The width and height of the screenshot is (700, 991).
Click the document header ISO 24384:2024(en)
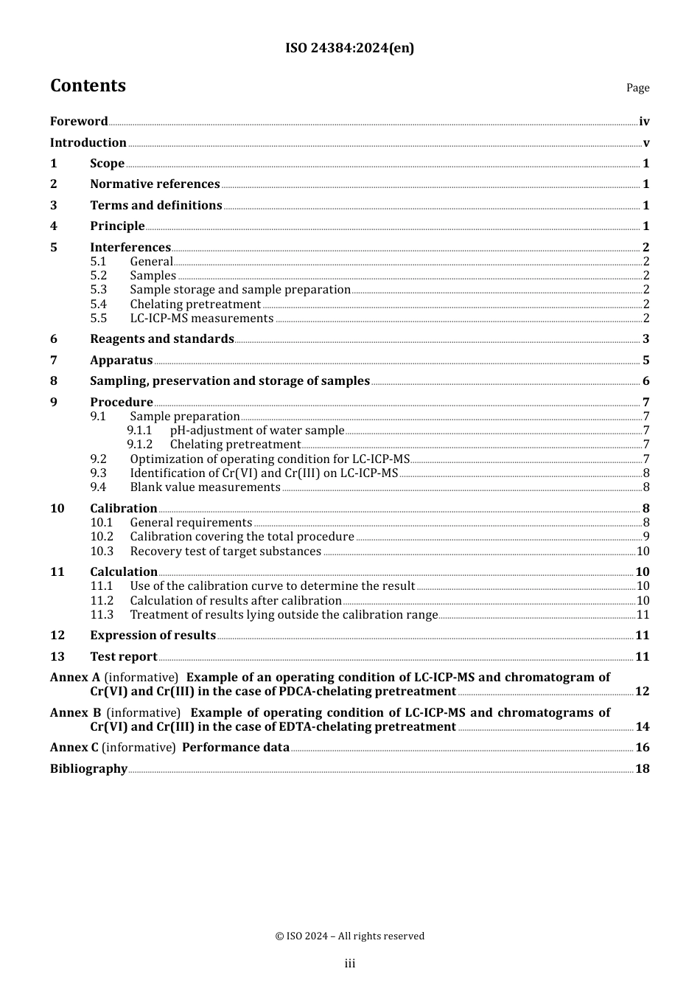(349, 48)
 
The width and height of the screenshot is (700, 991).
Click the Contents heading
(88, 86)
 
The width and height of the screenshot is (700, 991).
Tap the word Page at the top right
(637, 88)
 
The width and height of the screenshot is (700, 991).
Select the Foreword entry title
(79, 122)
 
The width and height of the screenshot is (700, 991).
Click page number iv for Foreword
(644, 122)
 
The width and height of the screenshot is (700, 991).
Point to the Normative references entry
(155, 184)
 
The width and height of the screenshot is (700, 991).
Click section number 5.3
(99, 290)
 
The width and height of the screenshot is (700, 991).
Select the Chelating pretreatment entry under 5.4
(195, 305)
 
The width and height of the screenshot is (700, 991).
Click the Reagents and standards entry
(162, 339)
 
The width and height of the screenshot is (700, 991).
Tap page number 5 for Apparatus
(645, 361)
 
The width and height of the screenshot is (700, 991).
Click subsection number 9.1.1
(139, 431)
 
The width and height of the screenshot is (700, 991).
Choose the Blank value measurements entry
(205, 487)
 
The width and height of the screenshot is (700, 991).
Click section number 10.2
(102, 537)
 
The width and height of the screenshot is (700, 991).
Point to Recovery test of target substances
(225, 552)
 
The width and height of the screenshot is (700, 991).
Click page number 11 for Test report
(642, 657)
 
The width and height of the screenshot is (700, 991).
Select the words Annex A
(75, 678)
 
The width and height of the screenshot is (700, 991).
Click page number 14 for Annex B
(642, 727)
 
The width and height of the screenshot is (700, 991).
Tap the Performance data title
(236, 748)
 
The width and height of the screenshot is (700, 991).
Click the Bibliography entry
(88, 769)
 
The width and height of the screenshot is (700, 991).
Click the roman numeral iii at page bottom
(350, 964)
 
